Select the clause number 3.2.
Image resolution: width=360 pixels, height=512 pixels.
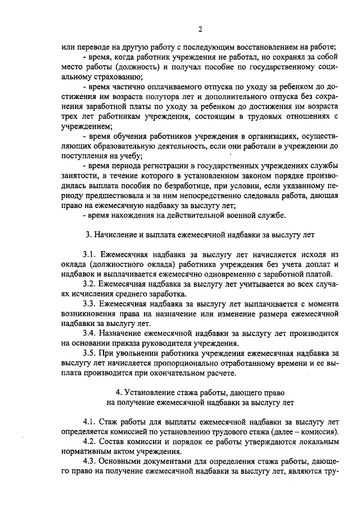click(89, 284)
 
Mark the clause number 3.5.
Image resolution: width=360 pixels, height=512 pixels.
click(89, 354)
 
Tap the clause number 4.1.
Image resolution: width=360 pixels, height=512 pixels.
click(89, 422)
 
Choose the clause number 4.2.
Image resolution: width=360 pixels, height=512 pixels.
click(89, 441)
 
